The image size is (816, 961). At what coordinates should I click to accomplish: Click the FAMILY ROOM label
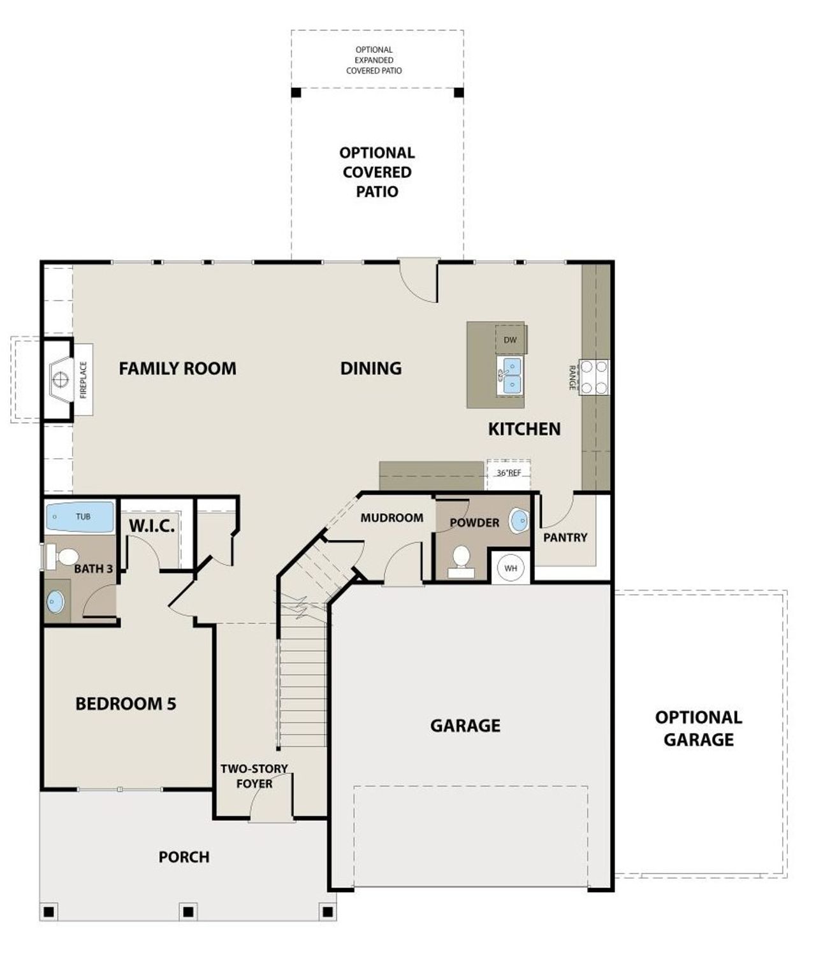tap(177, 368)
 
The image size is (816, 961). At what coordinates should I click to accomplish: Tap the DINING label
tap(370, 368)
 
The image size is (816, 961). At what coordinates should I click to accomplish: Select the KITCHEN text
tap(524, 429)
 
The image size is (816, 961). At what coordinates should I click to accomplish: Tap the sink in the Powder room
tap(520, 521)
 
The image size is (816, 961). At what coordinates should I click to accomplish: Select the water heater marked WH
tap(511, 567)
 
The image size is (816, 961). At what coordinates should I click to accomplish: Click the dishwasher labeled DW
tap(510, 340)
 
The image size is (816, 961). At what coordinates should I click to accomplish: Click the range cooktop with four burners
tap(594, 377)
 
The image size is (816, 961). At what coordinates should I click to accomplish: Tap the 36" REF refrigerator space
tap(508, 473)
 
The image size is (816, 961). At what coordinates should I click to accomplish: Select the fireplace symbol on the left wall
tap(60, 380)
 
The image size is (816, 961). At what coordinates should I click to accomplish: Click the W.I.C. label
tap(152, 527)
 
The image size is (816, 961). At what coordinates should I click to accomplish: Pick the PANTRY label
tap(565, 537)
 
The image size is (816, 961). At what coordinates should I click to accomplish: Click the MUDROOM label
tap(391, 518)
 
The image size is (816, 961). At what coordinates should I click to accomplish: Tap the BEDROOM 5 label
tap(126, 704)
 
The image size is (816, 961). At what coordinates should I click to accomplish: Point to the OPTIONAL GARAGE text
tap(699, 728)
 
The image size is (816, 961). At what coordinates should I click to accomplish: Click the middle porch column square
tap(187, 912)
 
